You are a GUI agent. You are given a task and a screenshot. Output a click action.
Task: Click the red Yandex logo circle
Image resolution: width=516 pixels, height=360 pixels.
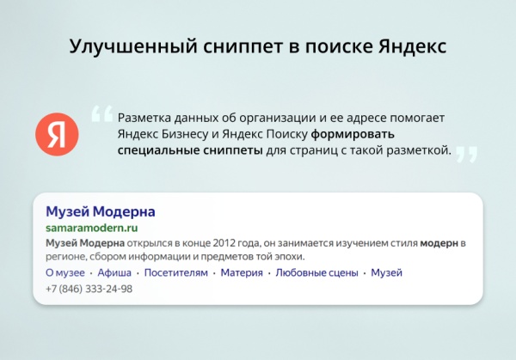(x=57, y=134)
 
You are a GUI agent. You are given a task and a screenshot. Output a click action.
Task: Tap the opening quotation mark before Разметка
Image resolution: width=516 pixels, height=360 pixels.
(x=101, y=113)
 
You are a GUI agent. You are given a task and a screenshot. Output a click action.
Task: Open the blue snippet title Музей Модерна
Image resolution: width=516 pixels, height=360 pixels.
(x=100, y=211)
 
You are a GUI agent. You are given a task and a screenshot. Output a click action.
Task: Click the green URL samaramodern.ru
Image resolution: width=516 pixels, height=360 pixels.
(x=91, y=229)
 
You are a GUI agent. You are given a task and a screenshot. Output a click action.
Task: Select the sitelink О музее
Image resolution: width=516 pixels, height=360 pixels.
(x=64, y=273)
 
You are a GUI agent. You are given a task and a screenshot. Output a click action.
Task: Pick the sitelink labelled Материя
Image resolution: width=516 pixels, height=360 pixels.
(x=242, y=273)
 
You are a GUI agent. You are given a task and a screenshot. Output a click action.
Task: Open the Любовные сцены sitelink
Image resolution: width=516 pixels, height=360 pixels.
(x=316, y=273)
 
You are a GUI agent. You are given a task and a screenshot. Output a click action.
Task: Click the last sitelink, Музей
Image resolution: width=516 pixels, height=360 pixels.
(x=387, y=273)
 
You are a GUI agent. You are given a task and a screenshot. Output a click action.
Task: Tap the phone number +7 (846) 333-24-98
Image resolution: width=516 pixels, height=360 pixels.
(x=89, y=290)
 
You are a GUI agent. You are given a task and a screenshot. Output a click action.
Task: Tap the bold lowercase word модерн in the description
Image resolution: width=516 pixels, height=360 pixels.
(x=439, y=244)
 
